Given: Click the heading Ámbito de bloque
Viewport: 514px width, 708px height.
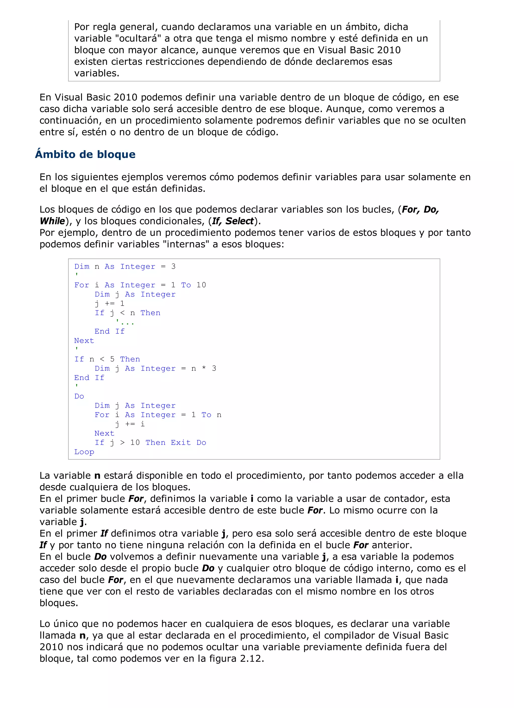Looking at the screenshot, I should [85, 155].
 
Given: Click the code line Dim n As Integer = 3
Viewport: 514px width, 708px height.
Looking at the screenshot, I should [125, 267].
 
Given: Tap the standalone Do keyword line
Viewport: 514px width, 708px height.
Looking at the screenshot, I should [79, 396].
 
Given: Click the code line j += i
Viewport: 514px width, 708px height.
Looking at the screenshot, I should [130, 424].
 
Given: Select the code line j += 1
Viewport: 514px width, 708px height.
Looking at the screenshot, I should [109, 303].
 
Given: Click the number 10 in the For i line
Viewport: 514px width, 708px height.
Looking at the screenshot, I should [201, 285].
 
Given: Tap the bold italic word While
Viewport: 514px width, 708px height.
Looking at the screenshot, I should [52, 221].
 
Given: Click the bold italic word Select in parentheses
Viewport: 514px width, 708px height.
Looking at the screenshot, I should [239, 221].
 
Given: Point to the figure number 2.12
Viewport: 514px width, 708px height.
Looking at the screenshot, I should [251, 658].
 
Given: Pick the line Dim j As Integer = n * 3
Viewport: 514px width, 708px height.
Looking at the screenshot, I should [155, 368].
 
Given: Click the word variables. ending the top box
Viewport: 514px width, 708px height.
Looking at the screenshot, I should [97, 73].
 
